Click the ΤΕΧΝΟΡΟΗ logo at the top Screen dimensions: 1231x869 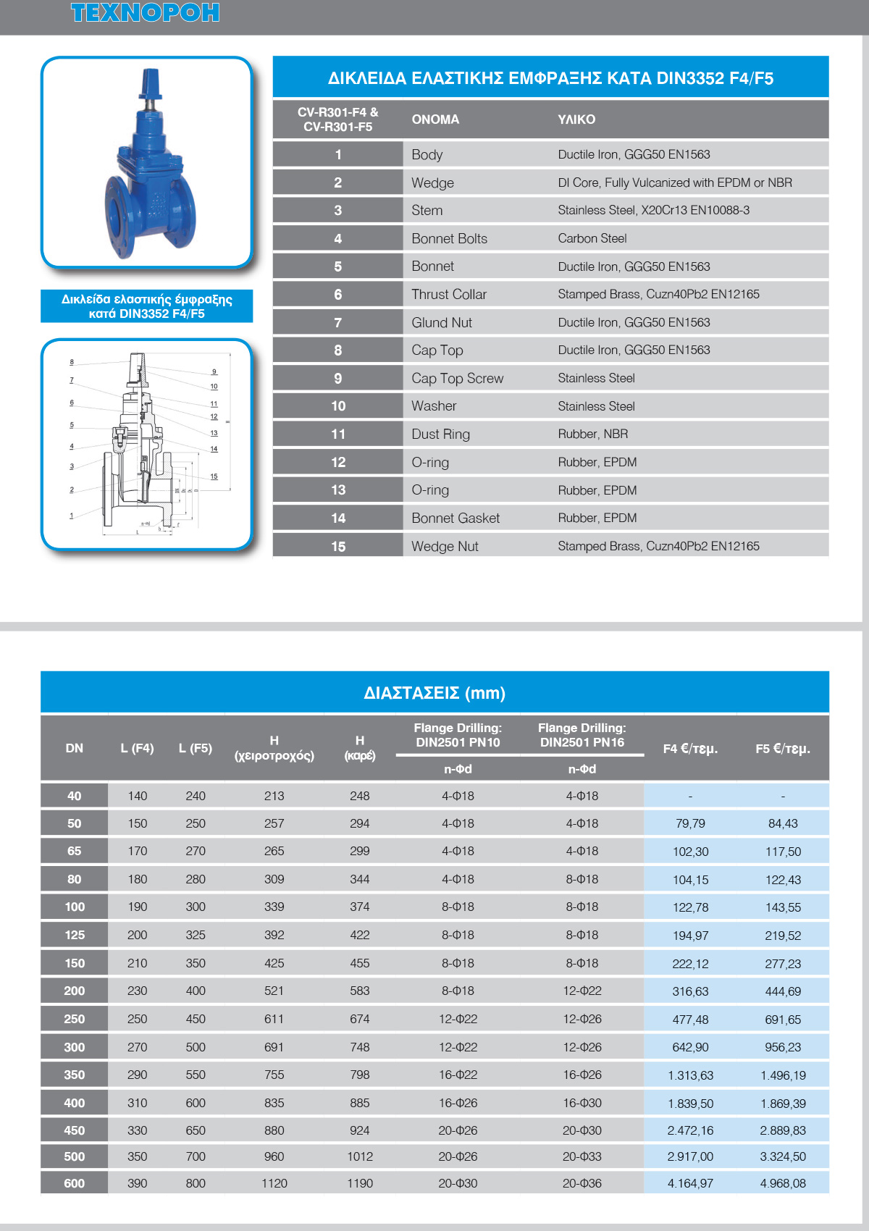coord(145,12)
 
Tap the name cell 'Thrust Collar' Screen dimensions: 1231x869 coord(449,294)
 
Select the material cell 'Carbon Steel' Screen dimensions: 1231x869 coord(592,238)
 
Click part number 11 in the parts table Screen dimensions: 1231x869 coord(337,434)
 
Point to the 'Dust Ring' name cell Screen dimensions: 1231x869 coord(440,434)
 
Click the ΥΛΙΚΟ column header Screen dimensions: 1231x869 coord(576,119)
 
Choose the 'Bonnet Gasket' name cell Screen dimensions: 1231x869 coord(456,518)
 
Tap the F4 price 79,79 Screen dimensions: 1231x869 coord(690,824)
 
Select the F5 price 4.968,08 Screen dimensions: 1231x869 coord(782,1184)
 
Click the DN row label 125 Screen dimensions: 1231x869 coord(75,935)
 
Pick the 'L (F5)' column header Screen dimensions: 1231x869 coord(196,748)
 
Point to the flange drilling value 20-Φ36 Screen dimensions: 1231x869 coord(582,1184)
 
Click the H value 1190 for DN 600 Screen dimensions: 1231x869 coord(359,1184)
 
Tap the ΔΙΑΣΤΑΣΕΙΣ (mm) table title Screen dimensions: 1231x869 coord(434,693)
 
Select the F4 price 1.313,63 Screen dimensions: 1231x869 coord(690,1075)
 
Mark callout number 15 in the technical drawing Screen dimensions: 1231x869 coord(214,476)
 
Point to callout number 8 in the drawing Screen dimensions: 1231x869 coord(72,362)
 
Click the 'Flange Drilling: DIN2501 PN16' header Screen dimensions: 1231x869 coord(582,735)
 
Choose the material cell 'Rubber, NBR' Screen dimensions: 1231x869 coord(592,434)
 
